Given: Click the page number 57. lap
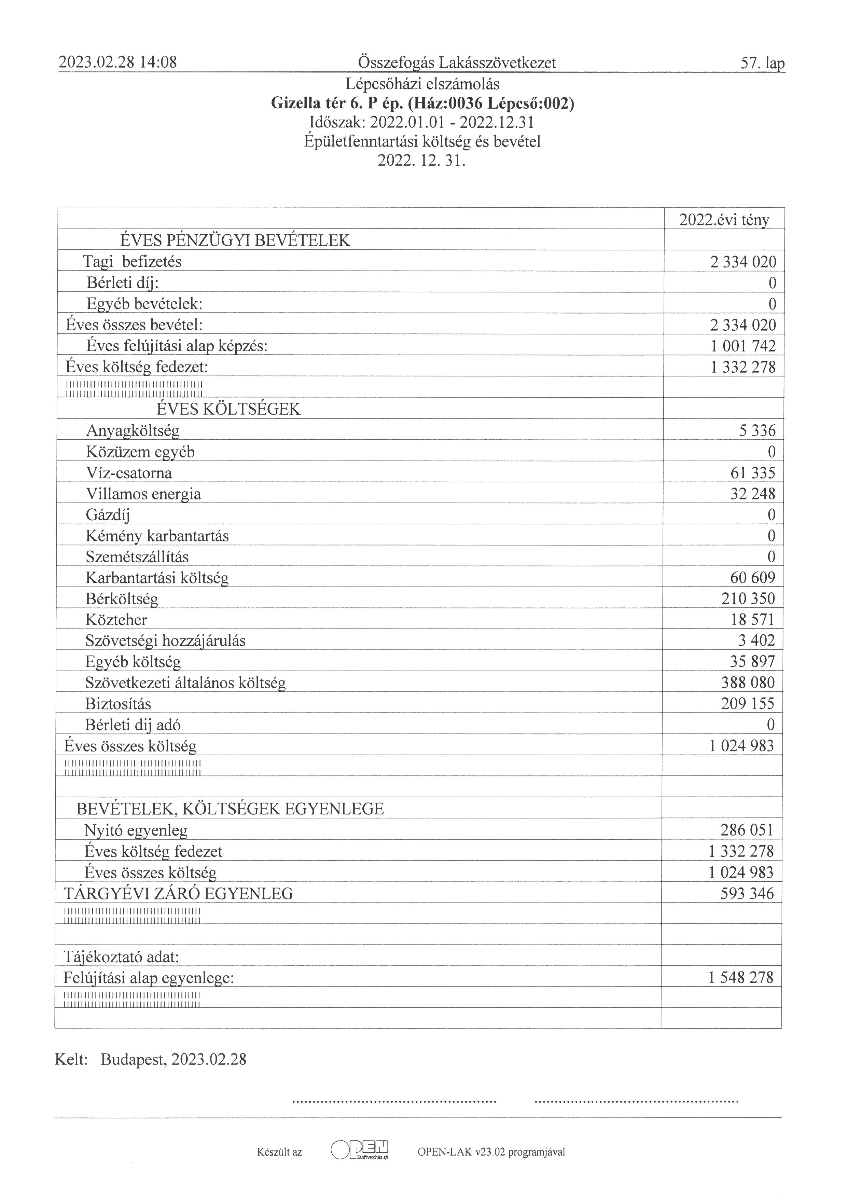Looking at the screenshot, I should click(x=762, y=64).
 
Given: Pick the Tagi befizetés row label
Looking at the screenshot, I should click(x=133, y=261).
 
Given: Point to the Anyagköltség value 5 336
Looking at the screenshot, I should click(x=757, y=430).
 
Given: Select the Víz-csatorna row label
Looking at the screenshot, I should click(x=129, y=473).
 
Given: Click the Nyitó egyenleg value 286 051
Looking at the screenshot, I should click(x=747, y=830).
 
